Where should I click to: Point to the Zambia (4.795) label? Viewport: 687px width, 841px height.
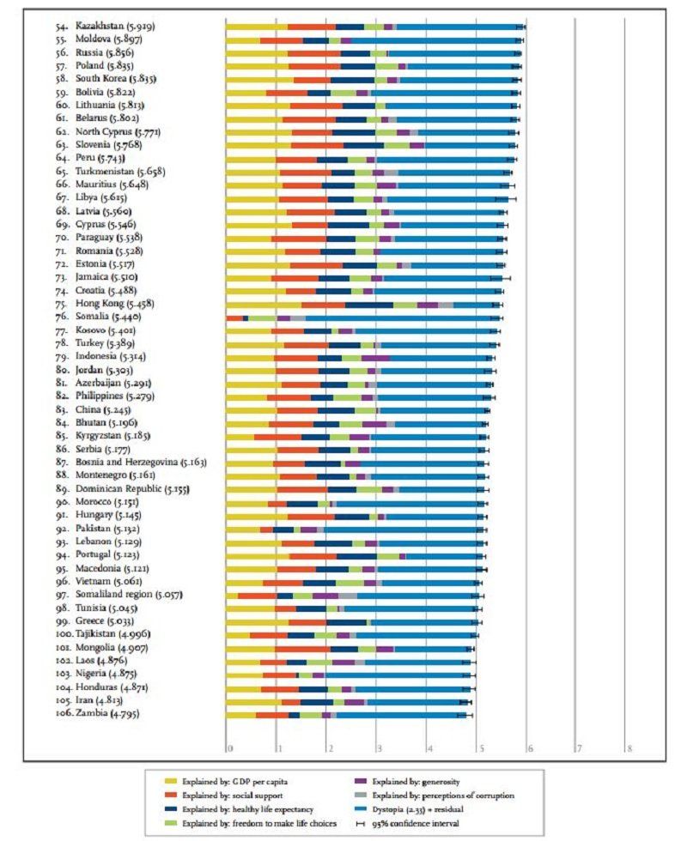click(x=107, y=713)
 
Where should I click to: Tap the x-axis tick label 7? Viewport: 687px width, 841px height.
click(x=580, y=748)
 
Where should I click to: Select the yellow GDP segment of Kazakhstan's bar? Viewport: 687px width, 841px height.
click(x=256, y=27)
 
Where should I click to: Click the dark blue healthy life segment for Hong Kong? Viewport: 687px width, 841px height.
click(x=369, y=305)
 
